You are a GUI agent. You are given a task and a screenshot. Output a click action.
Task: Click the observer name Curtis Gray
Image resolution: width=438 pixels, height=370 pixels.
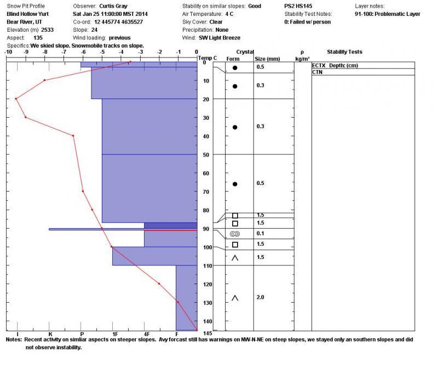[113, 6]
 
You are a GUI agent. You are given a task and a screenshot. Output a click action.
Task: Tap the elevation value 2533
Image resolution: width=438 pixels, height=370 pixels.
[47, 30]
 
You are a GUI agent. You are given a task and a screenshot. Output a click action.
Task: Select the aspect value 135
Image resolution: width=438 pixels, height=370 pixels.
[38, 38]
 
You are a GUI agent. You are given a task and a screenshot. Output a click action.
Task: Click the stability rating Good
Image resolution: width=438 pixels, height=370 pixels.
[255, 6]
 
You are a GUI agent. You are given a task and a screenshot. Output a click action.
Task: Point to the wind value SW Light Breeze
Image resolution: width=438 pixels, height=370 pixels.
[220, 38]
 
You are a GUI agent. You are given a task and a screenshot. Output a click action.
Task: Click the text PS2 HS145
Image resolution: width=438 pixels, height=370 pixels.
[298, 6]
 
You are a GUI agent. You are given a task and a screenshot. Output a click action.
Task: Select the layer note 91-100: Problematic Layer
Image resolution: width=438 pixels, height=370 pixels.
[388, 14]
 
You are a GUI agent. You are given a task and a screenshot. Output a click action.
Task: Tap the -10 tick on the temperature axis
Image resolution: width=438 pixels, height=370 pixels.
[8, 52]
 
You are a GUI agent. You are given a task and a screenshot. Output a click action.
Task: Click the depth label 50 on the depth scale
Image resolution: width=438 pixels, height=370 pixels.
[206, 155]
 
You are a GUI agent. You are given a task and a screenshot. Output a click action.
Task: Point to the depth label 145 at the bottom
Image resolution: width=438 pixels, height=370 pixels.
[208, 333]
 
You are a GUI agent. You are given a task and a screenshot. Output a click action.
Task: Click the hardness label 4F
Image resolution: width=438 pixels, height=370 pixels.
[147, 334]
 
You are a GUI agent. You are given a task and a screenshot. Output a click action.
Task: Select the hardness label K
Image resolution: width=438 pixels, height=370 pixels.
[50, 334]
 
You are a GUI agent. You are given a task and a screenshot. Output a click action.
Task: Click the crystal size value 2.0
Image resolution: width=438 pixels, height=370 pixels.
[260, 297]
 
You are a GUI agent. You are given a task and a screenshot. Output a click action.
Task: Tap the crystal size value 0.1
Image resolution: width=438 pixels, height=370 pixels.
[260, 234]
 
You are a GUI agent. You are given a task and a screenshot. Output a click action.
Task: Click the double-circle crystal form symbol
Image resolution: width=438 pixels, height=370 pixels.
[235, 234]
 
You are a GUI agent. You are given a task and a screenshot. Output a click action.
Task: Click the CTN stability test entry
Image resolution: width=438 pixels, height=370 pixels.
[318, 72]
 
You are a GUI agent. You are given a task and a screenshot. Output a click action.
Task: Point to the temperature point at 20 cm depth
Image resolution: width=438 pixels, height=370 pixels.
[16, 99]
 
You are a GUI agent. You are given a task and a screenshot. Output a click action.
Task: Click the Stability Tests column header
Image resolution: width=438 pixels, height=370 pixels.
[344, 52]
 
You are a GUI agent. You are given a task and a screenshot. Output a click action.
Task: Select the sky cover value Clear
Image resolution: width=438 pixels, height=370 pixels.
[216, 22]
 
